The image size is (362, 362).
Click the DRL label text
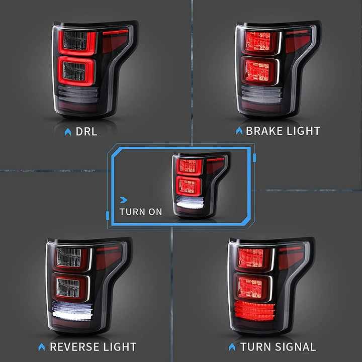click(x=86, y=132)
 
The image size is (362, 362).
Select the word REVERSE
click(x=74, y=347)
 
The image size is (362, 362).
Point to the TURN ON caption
click(x=141, y=212)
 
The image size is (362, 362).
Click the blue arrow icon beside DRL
click(x=68, y=132)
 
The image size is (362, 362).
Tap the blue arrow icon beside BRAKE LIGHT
click(x=239, y=131)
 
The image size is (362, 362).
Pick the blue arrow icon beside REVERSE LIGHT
click(x=42, y=347)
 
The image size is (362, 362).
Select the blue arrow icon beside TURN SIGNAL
click(x=232, y=347)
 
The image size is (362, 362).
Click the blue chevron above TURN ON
click(x=124, y=200)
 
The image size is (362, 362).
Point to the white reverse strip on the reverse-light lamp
click(x=72, y=311)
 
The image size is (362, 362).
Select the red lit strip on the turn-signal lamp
click(x=254, y=311)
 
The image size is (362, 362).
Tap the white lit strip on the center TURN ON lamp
click(x=190, y=203)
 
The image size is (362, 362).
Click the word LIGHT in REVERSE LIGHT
click(x=119, y=347)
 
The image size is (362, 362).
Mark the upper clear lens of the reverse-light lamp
click(x=69, y=257)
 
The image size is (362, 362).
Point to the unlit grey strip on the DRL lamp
click(x=78, y=95)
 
